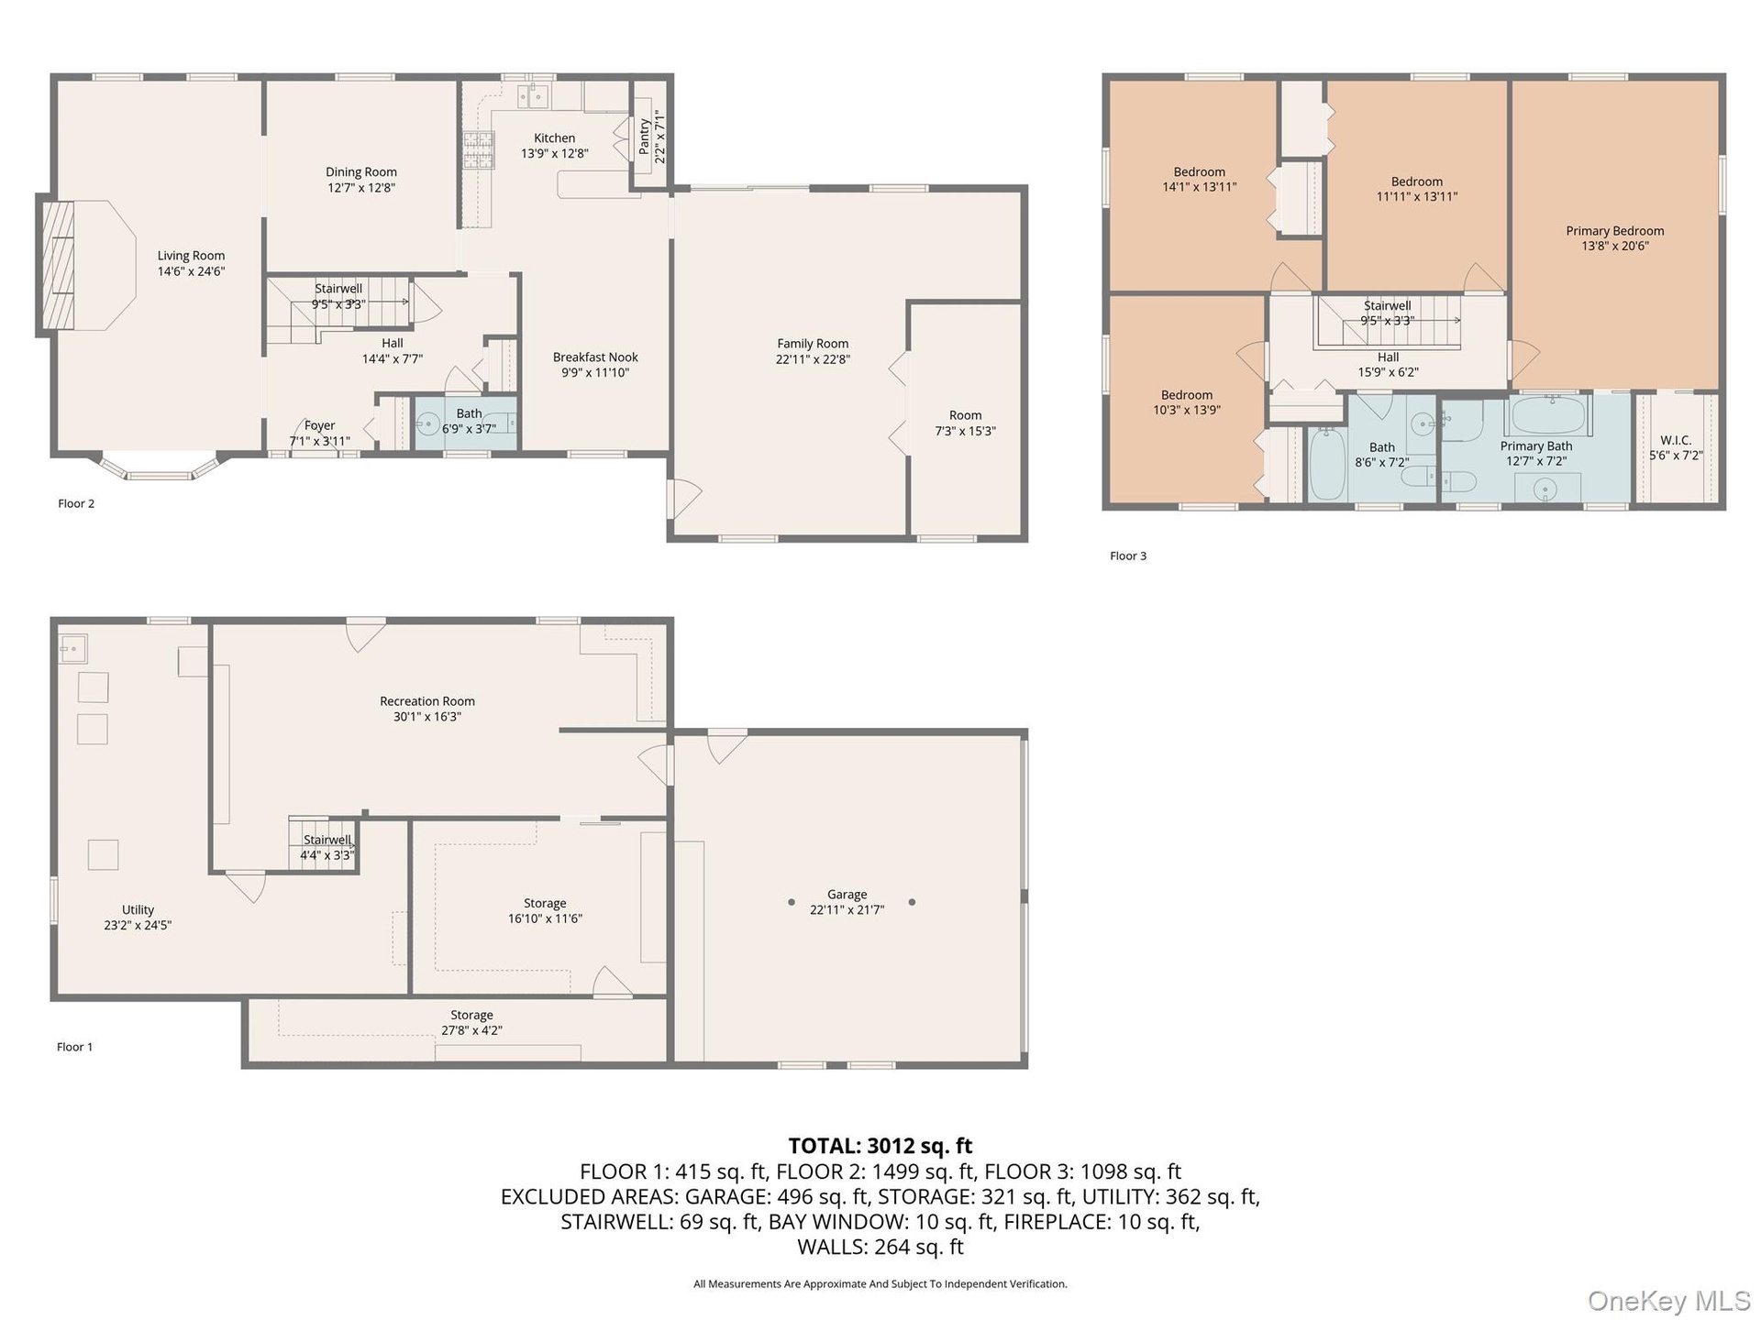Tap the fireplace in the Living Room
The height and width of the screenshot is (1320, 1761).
point(57,265)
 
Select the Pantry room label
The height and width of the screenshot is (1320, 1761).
point(644,137)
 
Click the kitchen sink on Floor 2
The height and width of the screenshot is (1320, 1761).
point(532,95)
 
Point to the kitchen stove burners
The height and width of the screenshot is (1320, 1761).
point(477,150)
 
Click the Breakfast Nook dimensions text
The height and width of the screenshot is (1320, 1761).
point(595,373)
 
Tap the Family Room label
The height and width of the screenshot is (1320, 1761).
point(813,344)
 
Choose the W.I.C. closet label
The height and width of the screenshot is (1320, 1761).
point(1676,440)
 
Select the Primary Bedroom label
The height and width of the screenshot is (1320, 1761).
point(1615,231)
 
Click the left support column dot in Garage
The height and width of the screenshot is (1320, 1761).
point(792,902)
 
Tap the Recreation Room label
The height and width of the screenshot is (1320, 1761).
point(427,701)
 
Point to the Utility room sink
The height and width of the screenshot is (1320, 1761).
point(73,648)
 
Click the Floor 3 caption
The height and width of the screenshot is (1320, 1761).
point(1128,555)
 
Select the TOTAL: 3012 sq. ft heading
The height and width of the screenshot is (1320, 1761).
point(880,1146)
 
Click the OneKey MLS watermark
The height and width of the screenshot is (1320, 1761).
point(1669,1301)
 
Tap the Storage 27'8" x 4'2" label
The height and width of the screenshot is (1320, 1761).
point(471,1023)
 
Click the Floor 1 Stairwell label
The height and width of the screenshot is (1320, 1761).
point(327,840)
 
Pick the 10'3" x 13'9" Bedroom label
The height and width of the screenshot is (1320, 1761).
point(1187,402)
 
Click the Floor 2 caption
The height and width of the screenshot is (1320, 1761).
point(76,503)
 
